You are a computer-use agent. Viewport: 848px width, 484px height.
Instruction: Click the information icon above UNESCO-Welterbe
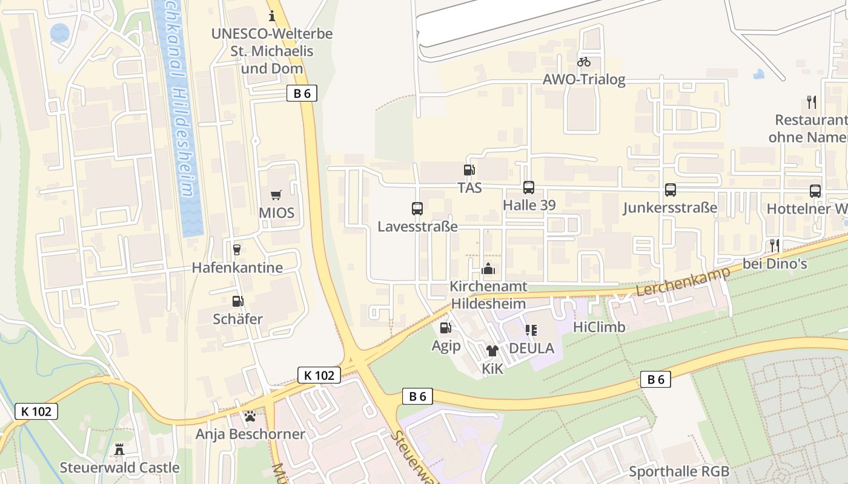pyautogui.click(x=272, y=16)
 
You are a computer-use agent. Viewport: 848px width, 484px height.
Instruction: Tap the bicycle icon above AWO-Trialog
pyautogui.click(x=584, y=62)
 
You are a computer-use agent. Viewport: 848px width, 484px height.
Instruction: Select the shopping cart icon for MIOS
pyautogui.click(x=276, y=195)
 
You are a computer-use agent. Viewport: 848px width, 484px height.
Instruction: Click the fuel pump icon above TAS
pyautogui.click(x=469, y=170)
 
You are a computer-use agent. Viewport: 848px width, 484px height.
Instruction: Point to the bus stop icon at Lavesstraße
pyautogui.click(x=417, y=209)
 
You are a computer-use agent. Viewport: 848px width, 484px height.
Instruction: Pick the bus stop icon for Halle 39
pyautogui.click(x=529, y=188)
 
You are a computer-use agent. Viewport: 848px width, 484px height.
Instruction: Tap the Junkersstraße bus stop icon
pyautogui.click(x=671, y=190)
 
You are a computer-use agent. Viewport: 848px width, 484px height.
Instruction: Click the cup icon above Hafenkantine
pyautogui.click(x=237, y=249)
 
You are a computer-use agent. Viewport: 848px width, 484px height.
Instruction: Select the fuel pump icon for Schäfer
pyautogui.click(x=238, y=301)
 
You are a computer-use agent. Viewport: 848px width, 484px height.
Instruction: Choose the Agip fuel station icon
pyautogui.click(x=446, y=328)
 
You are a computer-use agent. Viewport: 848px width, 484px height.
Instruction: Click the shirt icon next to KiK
pyautogui.click(x=492, y=350)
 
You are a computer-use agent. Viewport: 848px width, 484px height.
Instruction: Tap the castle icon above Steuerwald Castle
pyautogui.click(x=119, y=450)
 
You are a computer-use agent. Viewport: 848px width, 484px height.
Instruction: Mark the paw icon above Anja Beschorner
pyautogui.click(x=250, y=416)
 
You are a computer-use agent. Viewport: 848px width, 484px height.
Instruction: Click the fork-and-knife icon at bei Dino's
pyautogui.click(x=775, y=246)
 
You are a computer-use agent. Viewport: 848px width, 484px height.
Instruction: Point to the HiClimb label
pyautogui.click(x=598, y=327)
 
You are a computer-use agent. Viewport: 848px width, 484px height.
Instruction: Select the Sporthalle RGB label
pyautogui.click(x=679, y=471)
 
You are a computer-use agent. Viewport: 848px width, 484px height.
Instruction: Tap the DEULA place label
pyautogui.click(x=531, y=348)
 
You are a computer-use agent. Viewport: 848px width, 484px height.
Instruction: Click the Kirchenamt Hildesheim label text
pyautogui.click(x=488, y=295)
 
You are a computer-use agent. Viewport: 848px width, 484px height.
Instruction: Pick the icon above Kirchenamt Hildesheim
pyautogui.click(x=488, y=269)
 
